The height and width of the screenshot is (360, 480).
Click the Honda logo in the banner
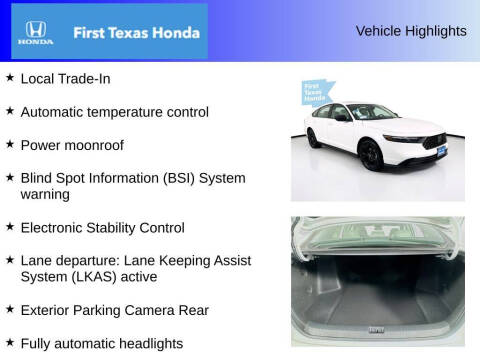34,32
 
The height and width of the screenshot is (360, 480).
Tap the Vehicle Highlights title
411,31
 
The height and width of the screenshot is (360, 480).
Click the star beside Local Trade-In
9,77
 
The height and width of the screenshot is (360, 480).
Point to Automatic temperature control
114,112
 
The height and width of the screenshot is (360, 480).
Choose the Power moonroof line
72,145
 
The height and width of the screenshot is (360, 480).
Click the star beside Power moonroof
9,144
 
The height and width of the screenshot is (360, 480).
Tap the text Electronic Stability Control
115,227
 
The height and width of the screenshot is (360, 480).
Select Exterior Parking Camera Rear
114,310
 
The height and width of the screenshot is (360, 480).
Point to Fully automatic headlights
101,343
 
